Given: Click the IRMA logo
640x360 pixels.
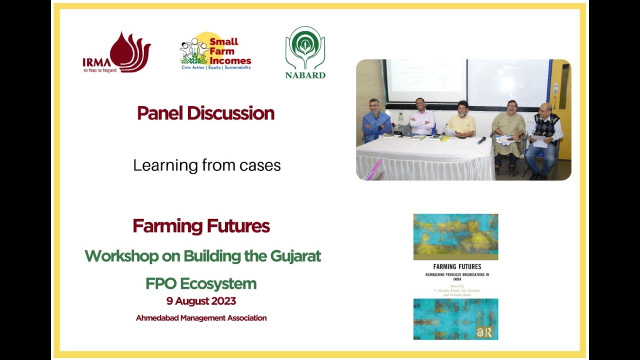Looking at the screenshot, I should (x=116, y=52).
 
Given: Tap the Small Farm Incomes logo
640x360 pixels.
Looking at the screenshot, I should (x=215, y=51).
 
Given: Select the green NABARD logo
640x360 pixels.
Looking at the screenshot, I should (x=305, y=53).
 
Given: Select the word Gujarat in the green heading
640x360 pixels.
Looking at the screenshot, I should (x=295, y=256).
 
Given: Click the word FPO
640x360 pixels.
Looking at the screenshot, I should (x=161, y=284).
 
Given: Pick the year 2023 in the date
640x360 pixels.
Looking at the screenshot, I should (x=220, y=301).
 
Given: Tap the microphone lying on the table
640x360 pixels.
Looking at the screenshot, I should (x=481, y=140).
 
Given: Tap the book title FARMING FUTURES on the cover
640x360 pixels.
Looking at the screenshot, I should (x=455, y=267).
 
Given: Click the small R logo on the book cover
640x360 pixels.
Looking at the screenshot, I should (x=488, y=332).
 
